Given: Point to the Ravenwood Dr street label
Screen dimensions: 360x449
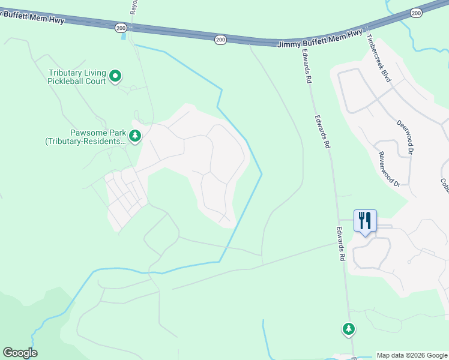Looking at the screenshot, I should point(389,169).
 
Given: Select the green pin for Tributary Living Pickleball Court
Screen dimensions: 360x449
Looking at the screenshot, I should point(116,76).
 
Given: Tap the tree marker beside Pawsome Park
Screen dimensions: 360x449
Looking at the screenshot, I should point(136,136).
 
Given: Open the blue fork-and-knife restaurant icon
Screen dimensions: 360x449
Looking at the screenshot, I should point(365,221).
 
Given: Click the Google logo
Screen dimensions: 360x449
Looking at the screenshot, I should point(20,353).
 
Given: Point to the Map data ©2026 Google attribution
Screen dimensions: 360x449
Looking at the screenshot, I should point(412,355).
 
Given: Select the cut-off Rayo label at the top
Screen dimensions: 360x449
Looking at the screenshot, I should point(134,7).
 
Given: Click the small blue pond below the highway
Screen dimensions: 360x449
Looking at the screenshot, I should point(124,36).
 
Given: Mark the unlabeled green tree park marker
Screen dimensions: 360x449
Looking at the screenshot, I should point(349,329).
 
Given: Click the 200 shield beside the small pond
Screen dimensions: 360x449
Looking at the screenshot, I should point(120,27).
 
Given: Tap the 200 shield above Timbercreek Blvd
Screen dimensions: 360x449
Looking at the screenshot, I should point(416,12).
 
